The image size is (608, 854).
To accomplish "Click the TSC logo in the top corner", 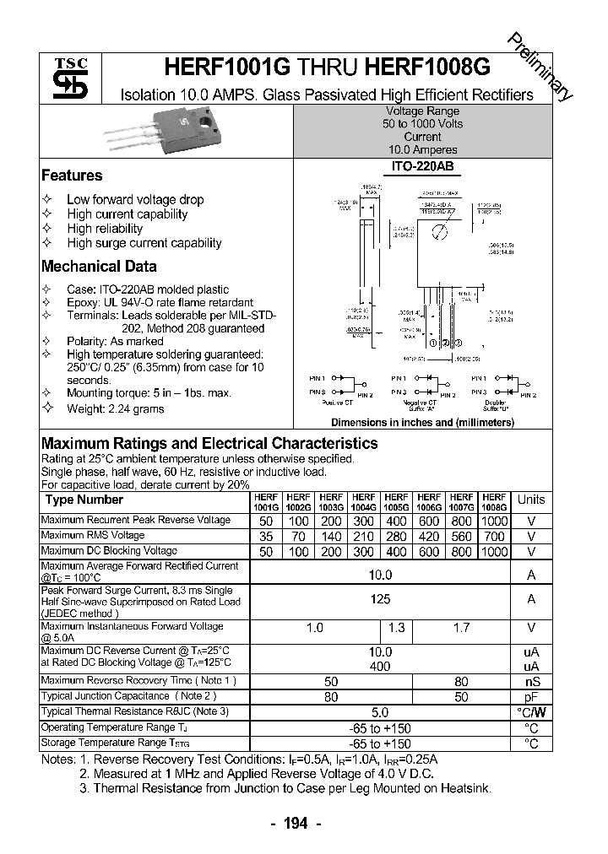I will pos(65,78).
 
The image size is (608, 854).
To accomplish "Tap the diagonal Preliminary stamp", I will pos(540,67).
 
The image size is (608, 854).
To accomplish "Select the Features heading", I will pos(72,176).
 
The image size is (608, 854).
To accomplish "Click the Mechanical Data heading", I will pos(99,266).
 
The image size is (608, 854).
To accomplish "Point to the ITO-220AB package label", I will pos(422,167).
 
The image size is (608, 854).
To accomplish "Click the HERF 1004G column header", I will pos(363,503).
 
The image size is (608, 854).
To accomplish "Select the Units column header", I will pos(531,500).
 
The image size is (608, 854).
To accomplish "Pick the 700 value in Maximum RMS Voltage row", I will pos(495,536).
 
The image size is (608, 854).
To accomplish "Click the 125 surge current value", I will pos(380,599).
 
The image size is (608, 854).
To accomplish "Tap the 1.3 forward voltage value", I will pos(396,628).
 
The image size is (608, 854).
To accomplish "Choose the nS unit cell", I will pos(531,682).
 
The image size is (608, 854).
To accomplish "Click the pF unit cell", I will pos(531,697).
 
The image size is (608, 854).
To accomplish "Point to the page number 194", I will pos(297,823).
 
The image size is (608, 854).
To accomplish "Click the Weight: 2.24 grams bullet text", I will pos(116,409).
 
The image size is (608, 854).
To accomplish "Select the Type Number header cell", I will pos(84,500).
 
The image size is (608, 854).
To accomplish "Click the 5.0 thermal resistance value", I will pos(380,712).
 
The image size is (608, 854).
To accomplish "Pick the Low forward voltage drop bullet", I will pos(135,200).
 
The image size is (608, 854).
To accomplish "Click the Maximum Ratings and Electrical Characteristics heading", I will pos(209,443).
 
